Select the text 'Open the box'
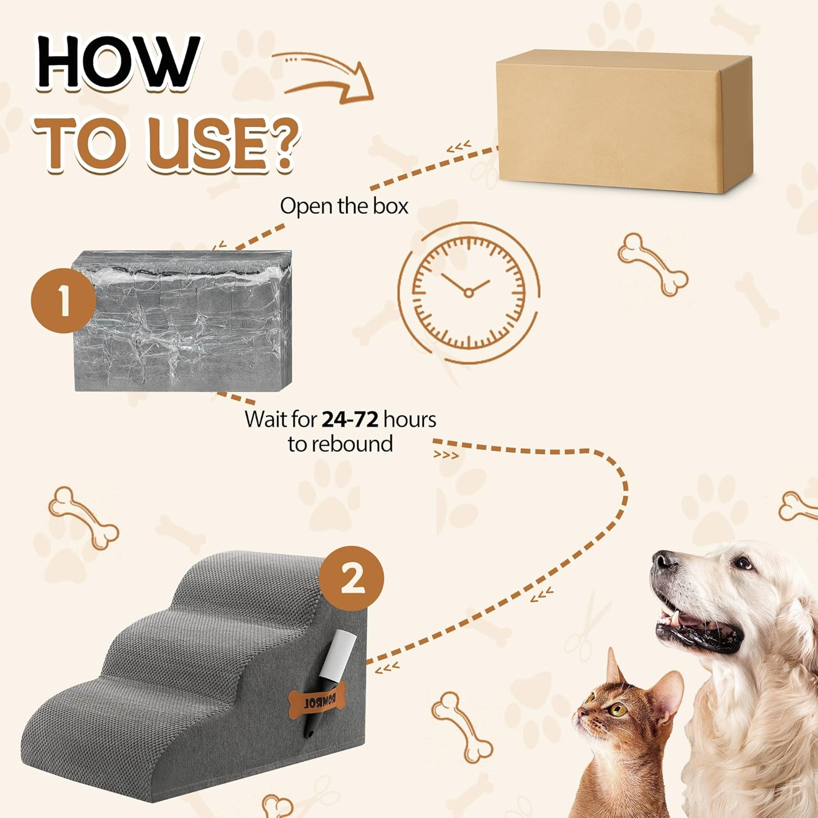344,206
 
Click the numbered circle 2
352,579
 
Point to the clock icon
468,292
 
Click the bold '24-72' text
350,419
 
